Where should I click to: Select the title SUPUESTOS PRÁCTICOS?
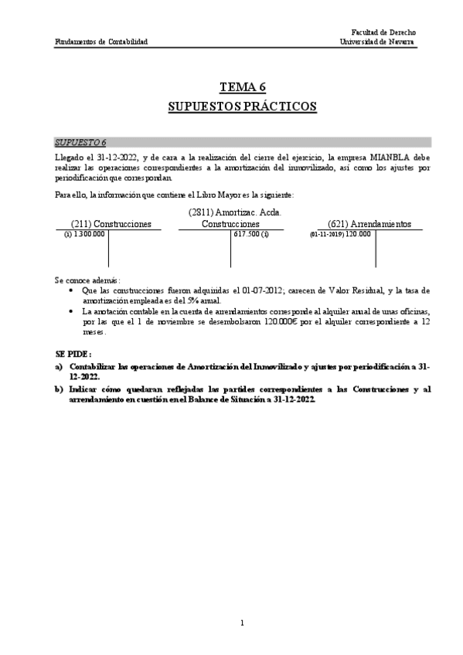(x=242, y=106)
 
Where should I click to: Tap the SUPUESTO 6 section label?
(x=80, y=143)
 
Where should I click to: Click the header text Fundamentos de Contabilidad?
(x=101, y=42)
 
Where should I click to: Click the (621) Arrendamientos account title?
(x=369, y=224)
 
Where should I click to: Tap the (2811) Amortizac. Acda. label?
(x=234, y=212)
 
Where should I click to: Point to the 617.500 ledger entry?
(x=247, y=233)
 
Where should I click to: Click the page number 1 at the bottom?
(x=242, y=623)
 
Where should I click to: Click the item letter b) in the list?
(x=59, y=390)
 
